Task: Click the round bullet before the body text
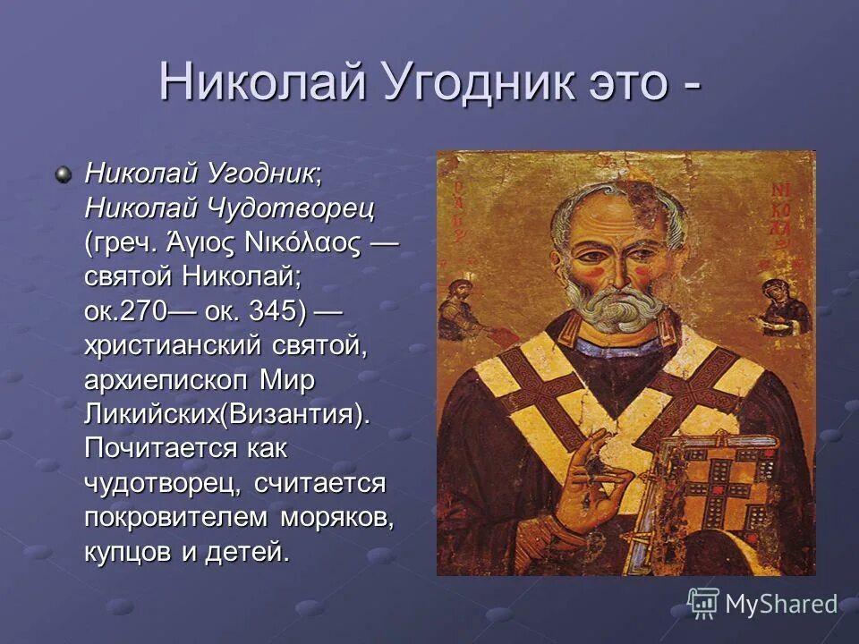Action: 64,173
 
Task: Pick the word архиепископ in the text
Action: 166,381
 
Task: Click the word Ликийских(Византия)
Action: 225,416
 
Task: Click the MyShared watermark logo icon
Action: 703,602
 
